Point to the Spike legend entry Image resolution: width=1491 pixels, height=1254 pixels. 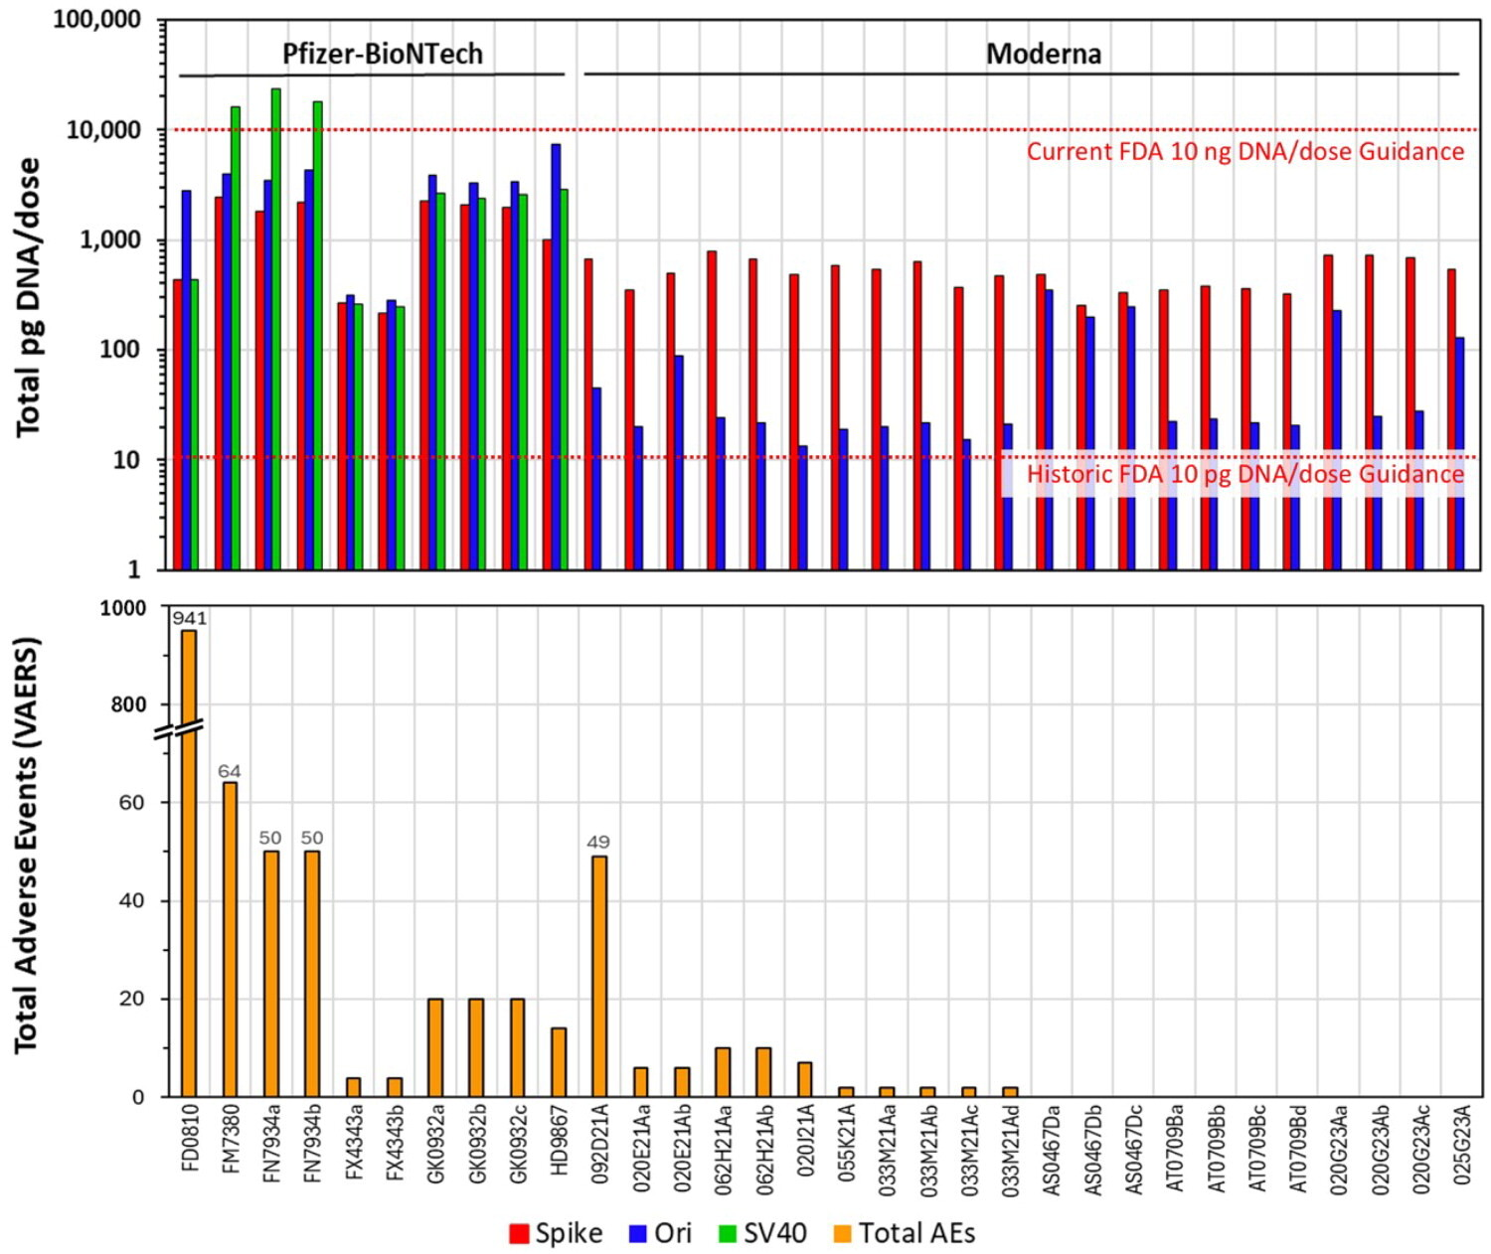pos(556,1233)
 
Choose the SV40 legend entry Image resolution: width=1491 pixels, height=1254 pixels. pos(762,1233)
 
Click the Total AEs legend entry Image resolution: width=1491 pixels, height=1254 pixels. pos(905,1233)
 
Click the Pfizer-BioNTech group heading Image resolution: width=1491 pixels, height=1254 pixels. pos(383,54)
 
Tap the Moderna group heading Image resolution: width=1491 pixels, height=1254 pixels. pos(1043,54)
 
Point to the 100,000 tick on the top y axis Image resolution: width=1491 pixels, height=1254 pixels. pos(96,20)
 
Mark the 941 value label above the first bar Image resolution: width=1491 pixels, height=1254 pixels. pos(189,618)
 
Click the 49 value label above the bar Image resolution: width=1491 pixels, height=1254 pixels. pos(598,842)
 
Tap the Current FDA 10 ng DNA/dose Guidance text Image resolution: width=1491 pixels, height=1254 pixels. pos(1244,151)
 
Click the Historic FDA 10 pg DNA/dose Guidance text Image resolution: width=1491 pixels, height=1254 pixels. pos(1244,474)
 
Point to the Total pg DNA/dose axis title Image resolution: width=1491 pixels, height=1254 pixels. pos(29,296)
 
